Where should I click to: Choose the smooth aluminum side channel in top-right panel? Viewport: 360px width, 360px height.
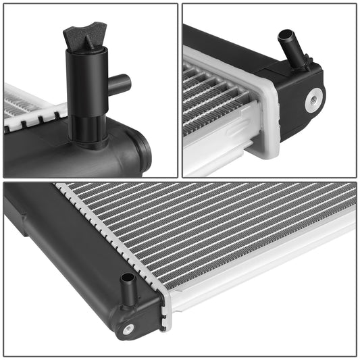click(216, 142)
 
